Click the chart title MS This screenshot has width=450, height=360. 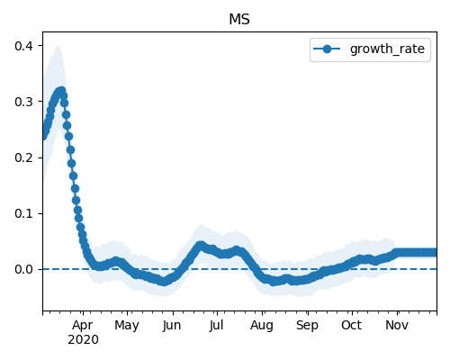pyautogui.click(x=239, y=20)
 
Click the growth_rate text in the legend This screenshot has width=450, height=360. pyautogui.click(x=387, y=49)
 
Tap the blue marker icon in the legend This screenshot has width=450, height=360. pyautogui.click(x=327, y=49)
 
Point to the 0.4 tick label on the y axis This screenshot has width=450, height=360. pyautogui.click(x=24, y=46)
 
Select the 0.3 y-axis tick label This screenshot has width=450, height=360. pyautogui.click(x=24, y=102)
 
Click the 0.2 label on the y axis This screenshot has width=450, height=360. pyautogui.click(x=24, y=157)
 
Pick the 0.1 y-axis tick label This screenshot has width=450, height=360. pyautogui.click(x=24, y=213)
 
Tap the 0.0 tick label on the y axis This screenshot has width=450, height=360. pyautogui.click(x=24, y=269)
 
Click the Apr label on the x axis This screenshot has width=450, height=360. pyautogui.click(x=83, y=326)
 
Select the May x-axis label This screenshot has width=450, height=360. pyautogui.click(x=127, y=326)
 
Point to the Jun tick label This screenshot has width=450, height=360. pyautogui.click(x=172, y=326)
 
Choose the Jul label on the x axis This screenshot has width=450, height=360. pyautogui.click(x=217, y=325)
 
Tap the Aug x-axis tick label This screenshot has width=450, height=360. pyautogui.click(x=262, y=326)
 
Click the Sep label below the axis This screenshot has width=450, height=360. pyautogui.click(x=307, y=326)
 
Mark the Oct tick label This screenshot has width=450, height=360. pyautogui.click(x=352, y=325)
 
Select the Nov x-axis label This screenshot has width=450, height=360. pyautogui.click(x=397, y=325)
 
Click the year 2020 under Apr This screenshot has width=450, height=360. pyautogui.click(x=83, y=340)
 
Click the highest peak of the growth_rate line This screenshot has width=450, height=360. pyautogui.click(x=61, y=91)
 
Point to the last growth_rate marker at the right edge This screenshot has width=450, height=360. pyautogui.click(x=433, y=253)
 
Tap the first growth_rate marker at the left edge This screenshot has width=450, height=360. pyautogui.click(x=44, y=136)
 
